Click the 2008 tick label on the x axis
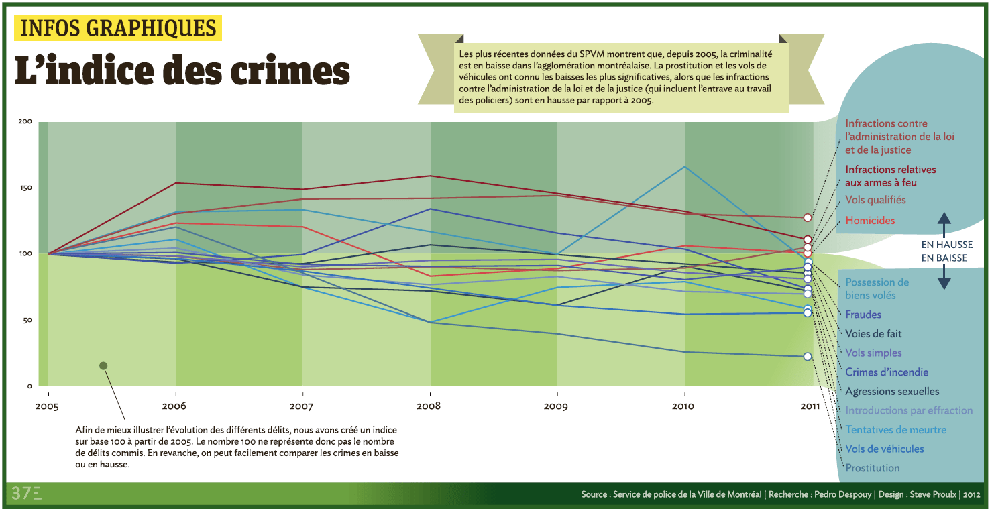(x=430, y=406)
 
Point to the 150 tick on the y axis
(x=25, y=188)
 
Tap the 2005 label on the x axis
(x=48, y=406)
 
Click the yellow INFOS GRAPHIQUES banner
(x=119, y=27)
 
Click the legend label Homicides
(x=870, y=221)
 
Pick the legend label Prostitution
(x=873, y=468)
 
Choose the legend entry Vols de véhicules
(x=885, y=449)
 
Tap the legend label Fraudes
(x=863, y=315)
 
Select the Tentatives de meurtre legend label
(x=896, y=430)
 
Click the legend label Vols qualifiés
(x=875, y=200)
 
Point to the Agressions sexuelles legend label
(x=892, y=392)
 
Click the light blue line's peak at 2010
(x=685, y=166)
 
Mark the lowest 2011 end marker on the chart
(x=808, y=357)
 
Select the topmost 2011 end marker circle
(x=808, y=218)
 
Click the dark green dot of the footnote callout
(x=103, y=365)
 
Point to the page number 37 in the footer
(x=21, y=494)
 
